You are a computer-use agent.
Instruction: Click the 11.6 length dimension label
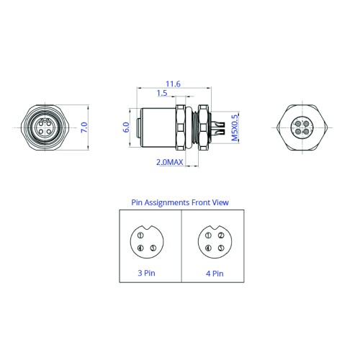coord(173,84)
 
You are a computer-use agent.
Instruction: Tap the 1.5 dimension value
coord(162,93)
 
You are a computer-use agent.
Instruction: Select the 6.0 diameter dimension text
coord(126,127)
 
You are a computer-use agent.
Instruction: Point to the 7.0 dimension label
coord(84,127)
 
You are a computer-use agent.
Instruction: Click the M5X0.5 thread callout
coord(235,127)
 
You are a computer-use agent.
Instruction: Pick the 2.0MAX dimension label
coord(170,162)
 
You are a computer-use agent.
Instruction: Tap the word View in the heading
coord(220,202)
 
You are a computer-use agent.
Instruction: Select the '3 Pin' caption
coord(146,273)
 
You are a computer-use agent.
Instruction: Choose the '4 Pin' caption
coord(215,274)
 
